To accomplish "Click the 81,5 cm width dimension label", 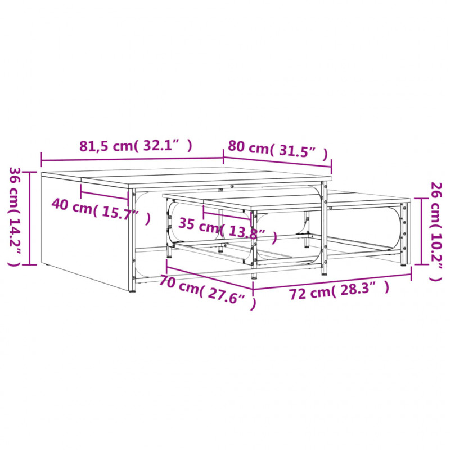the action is click(136, 146).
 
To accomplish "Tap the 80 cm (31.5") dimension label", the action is click(277, 150).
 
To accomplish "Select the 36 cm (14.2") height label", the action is click(15, 217).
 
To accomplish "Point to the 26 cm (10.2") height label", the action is click(436, 232).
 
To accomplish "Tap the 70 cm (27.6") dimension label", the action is click(207, 291).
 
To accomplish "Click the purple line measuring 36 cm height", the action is click(30, 218).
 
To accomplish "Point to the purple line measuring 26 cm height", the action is click(421, 231).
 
